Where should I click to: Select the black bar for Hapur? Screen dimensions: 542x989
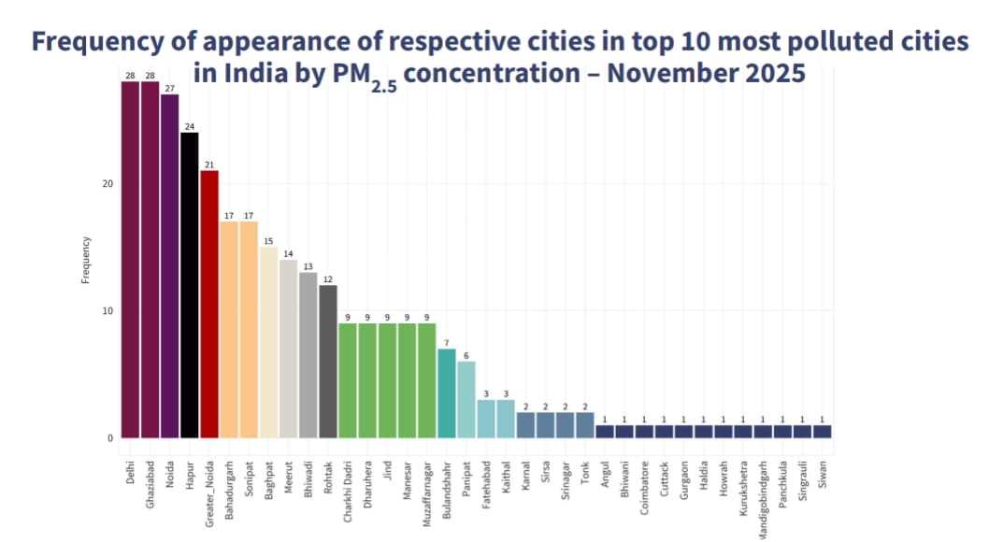(189, 285)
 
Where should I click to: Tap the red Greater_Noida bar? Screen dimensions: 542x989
(209, 304)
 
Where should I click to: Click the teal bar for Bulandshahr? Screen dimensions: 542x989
(446, 392)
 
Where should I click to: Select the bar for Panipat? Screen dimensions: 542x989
(466, 399)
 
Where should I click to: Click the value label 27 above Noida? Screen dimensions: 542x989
(169, 88)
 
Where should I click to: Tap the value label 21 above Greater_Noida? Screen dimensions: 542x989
(209, 164)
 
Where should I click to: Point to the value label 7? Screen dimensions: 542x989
(446, 343)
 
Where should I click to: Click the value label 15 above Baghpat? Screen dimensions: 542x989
(268, 241)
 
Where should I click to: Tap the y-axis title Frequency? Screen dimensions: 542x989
(85, 260)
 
